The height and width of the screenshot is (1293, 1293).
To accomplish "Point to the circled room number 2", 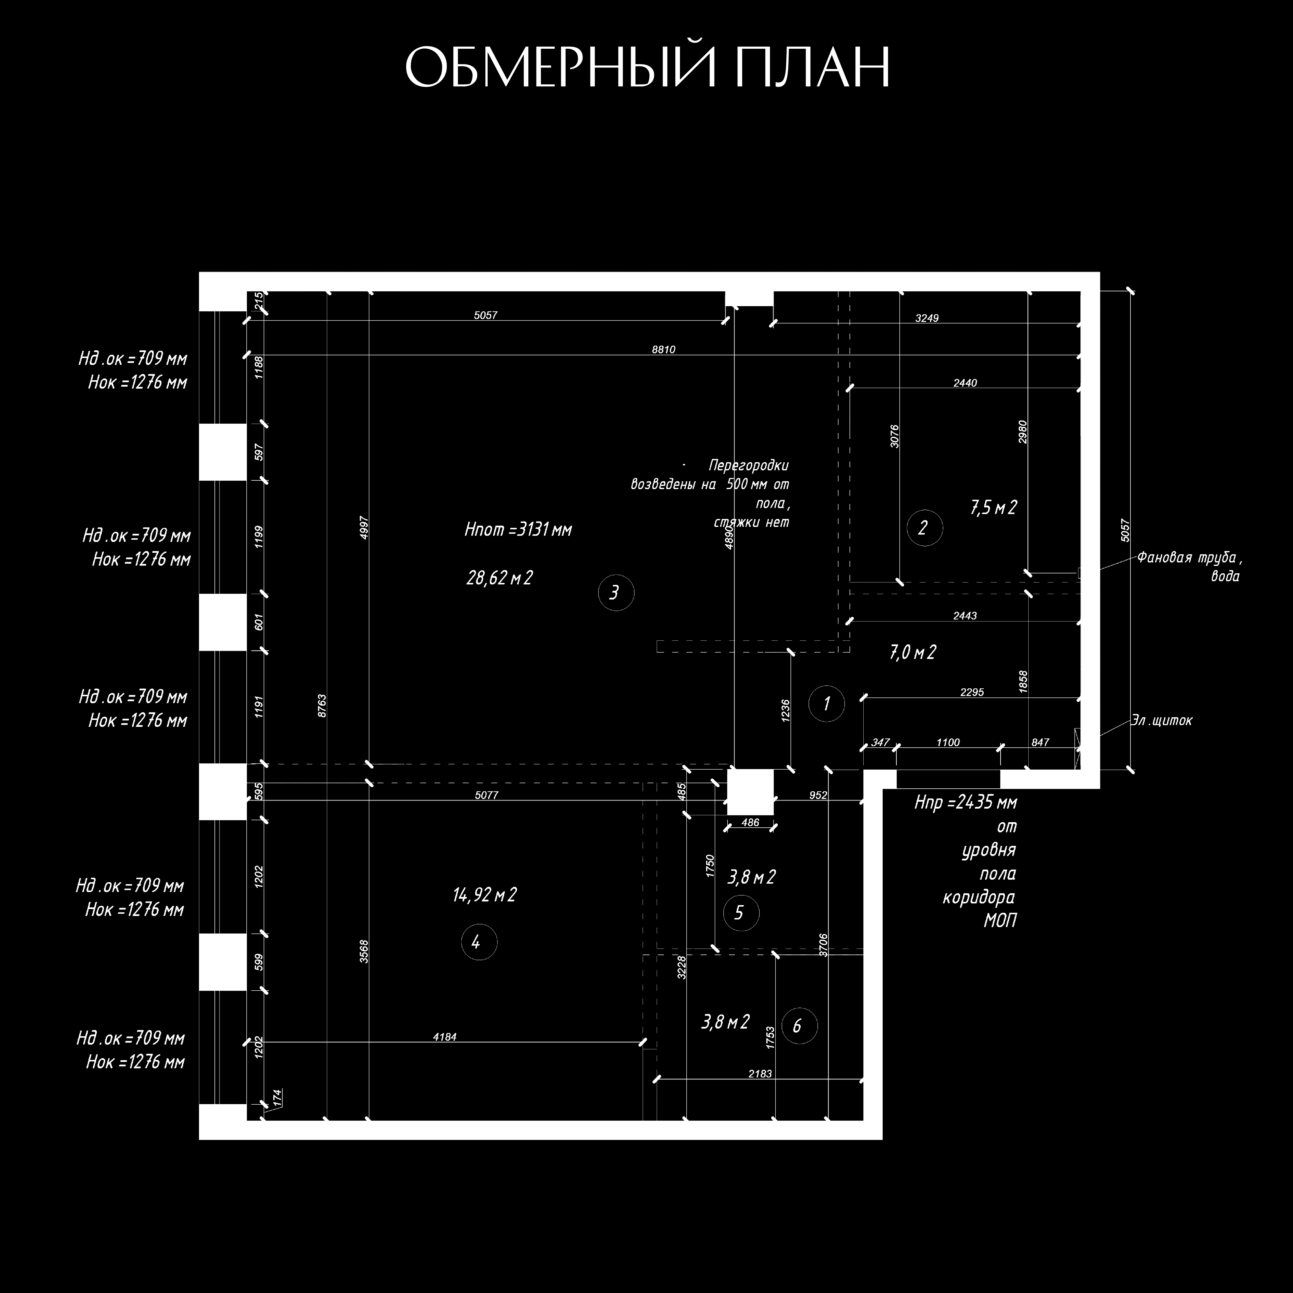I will click(x=924, y=528).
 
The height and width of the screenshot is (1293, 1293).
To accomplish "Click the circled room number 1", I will click(x=827, y=703).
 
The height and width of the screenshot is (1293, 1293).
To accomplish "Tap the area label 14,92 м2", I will click(x=485, y=895).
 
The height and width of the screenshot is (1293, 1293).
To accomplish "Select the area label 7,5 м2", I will click(x=993, y=508).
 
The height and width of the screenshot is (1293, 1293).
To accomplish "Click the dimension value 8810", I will click(x=663, y=349).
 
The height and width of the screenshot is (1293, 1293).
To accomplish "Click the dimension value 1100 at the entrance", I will click(x=948, y=742).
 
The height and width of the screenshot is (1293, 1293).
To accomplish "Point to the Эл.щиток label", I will click(x=1162, y=721).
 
